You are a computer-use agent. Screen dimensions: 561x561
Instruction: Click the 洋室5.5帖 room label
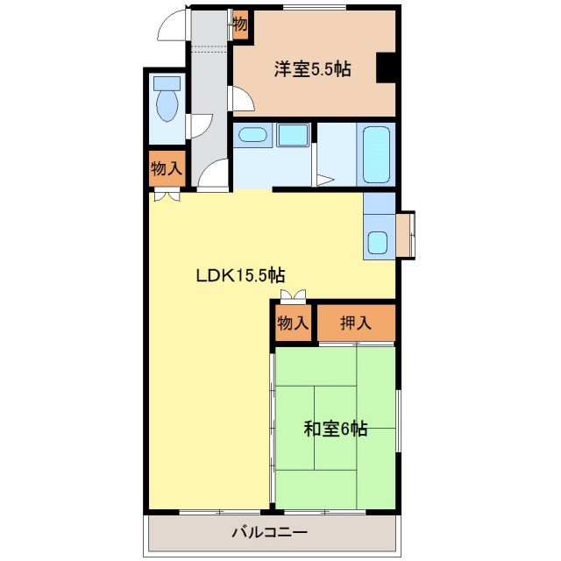312,70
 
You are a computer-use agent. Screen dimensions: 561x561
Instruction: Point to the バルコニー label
269,531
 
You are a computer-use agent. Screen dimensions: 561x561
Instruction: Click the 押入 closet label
356,323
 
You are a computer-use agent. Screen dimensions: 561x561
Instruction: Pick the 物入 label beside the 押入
293,323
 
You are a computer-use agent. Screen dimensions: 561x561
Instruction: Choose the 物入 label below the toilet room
166,169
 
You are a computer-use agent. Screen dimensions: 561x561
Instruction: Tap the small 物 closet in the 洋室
240,24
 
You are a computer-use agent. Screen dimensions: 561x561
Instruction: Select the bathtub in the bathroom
377,154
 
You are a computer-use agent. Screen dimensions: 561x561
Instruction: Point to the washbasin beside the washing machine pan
253,135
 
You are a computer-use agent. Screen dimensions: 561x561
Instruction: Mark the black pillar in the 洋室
386,68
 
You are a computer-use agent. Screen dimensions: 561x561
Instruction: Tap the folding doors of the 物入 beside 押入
293,296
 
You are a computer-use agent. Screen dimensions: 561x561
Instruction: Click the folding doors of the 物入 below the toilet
166,196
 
